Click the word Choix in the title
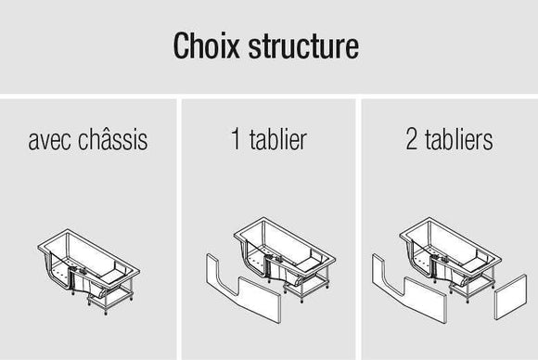click(x=206, y=45)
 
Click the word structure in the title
click(x=303, y=46)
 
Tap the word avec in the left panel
click(x=49, y=140)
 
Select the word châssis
click(x=113, y=139)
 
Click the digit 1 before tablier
click(x=236, y=138)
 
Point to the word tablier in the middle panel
click(x=278, y=138)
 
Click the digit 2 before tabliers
click(x=412, y=138)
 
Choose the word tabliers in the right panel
click(x=459, y=138)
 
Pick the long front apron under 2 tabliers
click(x=409, y=291)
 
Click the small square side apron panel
click(x=510, y=297)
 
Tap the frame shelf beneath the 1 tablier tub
click(x=306, y=286)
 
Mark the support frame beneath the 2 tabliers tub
click(x=472, y=286)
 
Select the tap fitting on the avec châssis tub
click(x=83, y=271)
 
